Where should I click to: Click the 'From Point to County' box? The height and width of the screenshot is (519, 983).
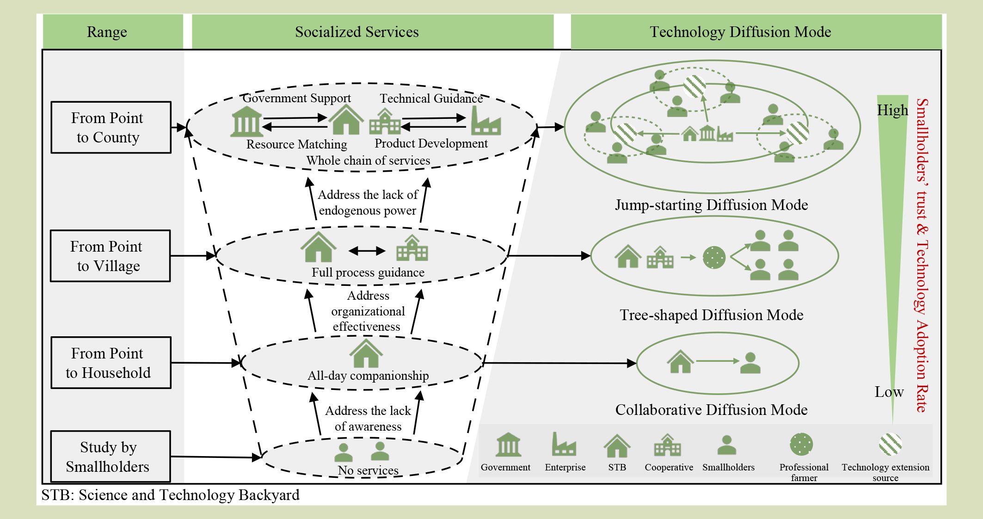(x=111, y=127)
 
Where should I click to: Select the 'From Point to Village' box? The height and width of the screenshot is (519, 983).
(x=110, y=256)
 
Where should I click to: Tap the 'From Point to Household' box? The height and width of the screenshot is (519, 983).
(x=111, y=363)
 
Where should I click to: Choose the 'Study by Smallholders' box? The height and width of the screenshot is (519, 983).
(x=110, y=457)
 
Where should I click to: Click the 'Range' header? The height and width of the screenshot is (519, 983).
(x=107, y=32)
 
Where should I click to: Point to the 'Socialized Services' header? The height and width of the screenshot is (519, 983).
(x=356, y=32)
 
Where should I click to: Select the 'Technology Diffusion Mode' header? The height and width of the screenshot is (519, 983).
(x=740, y=32)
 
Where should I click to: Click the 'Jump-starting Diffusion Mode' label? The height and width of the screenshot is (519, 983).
(x=711, y=205)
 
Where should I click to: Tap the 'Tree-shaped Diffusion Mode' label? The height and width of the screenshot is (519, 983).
(x=711, y=315)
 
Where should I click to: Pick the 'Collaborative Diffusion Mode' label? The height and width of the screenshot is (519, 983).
(x=711, y=410)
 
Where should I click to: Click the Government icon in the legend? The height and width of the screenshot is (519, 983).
(x=508, y=445)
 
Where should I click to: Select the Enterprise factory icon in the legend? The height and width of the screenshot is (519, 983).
(x=564, y=445)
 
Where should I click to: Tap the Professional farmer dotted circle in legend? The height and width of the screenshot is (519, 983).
(x=801, y=445)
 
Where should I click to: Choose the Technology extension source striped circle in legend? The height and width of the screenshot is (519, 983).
(x=891, y=445)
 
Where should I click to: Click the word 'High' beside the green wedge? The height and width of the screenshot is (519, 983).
(x=892, y=111)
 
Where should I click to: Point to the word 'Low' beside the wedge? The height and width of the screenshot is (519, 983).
(x=889, y=392)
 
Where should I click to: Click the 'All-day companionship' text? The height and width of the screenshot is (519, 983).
(x=368, y=376)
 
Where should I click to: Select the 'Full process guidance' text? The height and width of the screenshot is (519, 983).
(x=368, y=272)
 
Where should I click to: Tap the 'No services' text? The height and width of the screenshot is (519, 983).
(x=368, y=470)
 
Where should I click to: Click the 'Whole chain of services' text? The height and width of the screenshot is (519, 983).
(x=368, y=161)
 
